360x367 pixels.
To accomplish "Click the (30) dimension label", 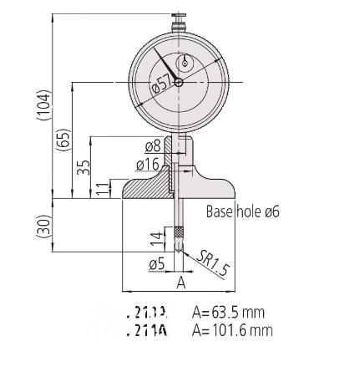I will click(43, 224).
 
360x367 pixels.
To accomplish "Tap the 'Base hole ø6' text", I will click(242, 212).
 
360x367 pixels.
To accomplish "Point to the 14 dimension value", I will click(155, 238).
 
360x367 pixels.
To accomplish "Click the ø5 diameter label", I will click(155, 264).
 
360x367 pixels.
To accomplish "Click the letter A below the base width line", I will click(180, 284).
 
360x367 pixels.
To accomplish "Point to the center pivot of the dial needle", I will click(178, 82).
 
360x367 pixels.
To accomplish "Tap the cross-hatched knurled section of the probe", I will click(178, 232).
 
